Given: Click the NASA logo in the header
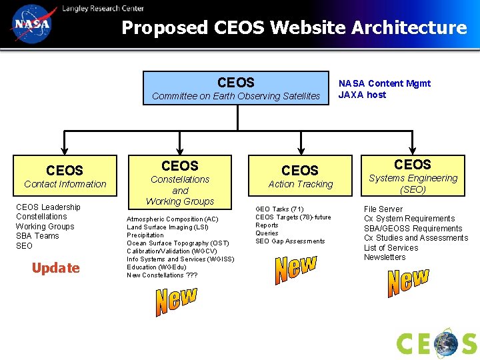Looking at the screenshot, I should pyautogui.click(x=31, y=24).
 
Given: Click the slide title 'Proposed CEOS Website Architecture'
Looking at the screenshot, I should pyautogui.click(x=294, y=28).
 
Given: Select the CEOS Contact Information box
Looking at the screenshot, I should pyautogui.click(x=65, y=176).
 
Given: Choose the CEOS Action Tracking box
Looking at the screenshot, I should pyautogui.click(x=300, y=176).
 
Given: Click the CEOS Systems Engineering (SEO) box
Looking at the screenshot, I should pyautogui.click(x=413, y=175).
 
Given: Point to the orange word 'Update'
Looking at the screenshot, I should pyautogui.click(x=55, y=268).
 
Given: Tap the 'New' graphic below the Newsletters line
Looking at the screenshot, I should pyautogui.click(x=408, y=281).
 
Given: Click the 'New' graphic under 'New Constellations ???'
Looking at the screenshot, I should pyautogui.click(x=177, y=301).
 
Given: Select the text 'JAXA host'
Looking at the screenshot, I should pyautogui.click(x=362, y=95).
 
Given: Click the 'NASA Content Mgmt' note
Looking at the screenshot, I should pyautogui.click(x=385, y=83).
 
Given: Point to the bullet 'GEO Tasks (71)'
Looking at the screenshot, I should pyautogui.click(x=279, y=209).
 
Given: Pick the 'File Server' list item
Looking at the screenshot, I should pyautogui.click(x=383, y=209).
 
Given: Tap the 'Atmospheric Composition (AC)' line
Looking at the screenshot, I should pyautogui.click(x=173, y=219).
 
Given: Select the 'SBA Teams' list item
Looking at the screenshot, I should pyautogui.click(x=37, y=236).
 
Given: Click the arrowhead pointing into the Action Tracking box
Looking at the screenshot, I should pyautogui.click(x=300, y=151).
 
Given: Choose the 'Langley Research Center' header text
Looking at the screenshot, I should pyautogui.click(x=103, y=8).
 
